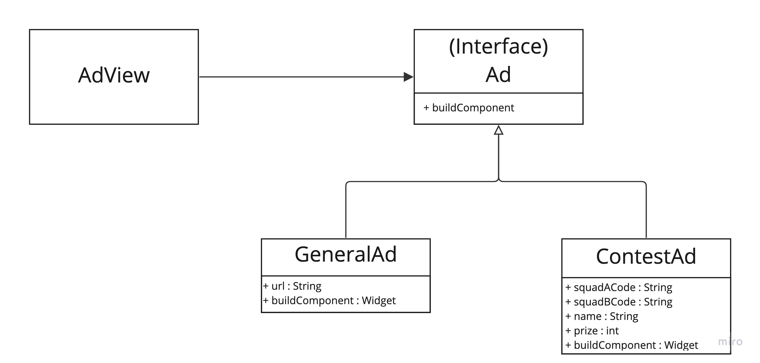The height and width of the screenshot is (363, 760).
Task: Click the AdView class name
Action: point(114,75)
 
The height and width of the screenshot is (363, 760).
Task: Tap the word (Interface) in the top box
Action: point(498,46)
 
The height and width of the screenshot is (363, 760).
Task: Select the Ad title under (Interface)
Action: point(498,75)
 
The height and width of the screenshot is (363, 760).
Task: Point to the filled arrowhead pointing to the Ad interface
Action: point(408,77)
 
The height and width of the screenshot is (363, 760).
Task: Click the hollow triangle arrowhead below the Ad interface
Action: point(498,130)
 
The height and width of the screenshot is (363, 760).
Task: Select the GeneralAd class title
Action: point(345,255)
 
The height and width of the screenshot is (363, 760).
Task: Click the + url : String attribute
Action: point(292,286)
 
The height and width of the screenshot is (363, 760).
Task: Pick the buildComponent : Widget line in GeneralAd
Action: point(329,300)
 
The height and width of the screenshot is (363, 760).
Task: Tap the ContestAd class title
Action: point(646,257)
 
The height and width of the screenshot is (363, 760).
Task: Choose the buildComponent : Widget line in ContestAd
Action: point(631,345)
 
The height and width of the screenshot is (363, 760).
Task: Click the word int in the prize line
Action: point(612,331)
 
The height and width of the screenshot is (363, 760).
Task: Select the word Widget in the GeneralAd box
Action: point(379,300)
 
